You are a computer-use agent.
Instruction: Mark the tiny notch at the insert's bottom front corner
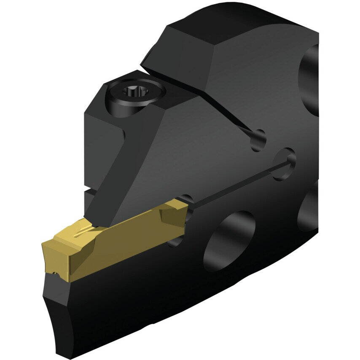[x=55, y=274]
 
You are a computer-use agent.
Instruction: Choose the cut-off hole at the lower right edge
[x=308, y=211]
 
